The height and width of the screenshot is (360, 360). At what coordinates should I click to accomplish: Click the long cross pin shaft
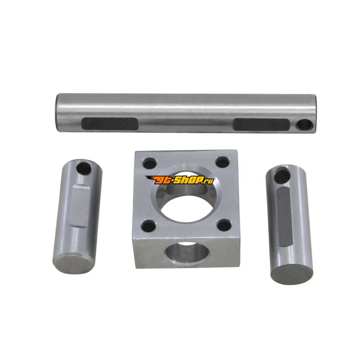186,113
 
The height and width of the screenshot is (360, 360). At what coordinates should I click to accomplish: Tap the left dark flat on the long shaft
110,124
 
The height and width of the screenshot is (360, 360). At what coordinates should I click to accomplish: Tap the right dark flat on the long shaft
261,125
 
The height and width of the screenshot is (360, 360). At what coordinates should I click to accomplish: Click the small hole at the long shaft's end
305,125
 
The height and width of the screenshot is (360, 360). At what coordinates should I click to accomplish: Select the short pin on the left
77,216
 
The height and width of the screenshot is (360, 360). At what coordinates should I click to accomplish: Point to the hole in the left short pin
84,168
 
